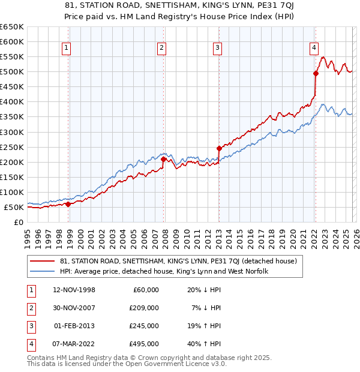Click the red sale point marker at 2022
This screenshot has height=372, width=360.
[x=316, y=73]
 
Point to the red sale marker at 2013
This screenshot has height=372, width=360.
[x=219, y=148]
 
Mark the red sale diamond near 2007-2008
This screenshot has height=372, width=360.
[x=164, y=159]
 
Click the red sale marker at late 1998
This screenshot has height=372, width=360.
[x=68, y=204]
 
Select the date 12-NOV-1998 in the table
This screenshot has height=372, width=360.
[x=74, y=290]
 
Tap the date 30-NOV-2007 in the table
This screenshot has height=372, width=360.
[x=74, y=308]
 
